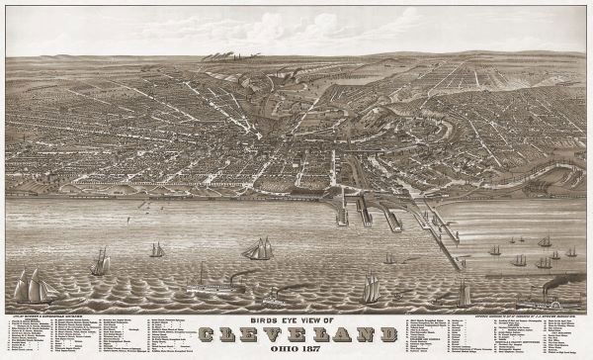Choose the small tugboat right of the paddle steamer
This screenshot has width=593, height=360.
coord(270,294)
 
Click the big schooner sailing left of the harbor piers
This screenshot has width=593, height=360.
coord(260,249)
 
